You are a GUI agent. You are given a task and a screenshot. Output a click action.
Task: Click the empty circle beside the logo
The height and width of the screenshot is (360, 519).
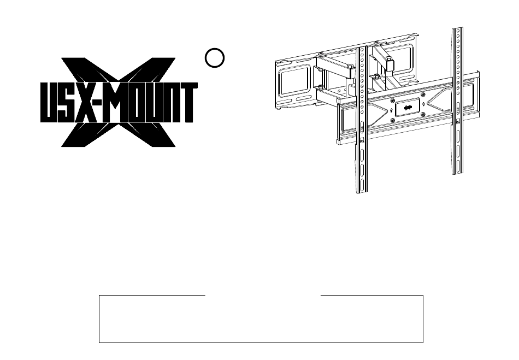(215, 58)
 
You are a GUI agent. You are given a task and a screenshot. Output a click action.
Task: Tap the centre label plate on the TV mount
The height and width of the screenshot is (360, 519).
(408, 108)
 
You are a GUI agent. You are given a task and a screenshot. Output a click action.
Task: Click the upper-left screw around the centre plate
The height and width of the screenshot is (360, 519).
(392, 101)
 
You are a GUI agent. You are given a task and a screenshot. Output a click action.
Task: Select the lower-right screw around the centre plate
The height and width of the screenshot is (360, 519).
(423, 115)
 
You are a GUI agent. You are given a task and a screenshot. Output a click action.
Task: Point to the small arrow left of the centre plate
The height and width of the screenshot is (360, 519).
(392, 110)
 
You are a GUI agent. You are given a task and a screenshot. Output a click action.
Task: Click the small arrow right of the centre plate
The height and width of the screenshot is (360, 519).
(424, 104)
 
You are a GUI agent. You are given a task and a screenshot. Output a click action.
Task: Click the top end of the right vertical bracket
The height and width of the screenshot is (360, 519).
(458, 28)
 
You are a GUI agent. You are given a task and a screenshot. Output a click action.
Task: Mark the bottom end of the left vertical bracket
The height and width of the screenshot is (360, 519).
(362, 192)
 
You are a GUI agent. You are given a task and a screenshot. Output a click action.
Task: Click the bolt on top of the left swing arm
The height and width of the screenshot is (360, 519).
(350, 68)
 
